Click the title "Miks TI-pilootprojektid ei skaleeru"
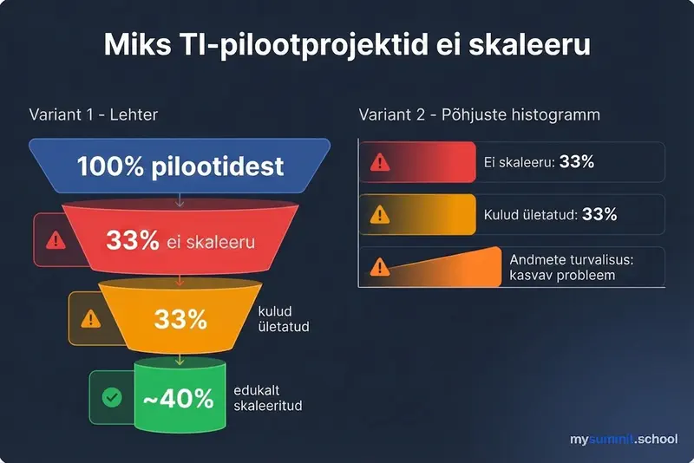point(347,44)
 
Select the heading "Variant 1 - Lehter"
point(93,115)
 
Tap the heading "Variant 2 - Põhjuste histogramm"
point(479,115)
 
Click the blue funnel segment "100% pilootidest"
point(180,166)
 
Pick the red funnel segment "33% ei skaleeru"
point(180,240)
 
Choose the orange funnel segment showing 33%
point(180,318)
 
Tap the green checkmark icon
point(112,398)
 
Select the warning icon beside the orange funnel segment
point(91,318)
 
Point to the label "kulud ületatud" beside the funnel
point(284,319)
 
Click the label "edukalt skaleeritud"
point(268,398)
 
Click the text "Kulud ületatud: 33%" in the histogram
point(551,214)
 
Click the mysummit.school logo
point(623,440)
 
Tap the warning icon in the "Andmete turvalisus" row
point(379,267)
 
